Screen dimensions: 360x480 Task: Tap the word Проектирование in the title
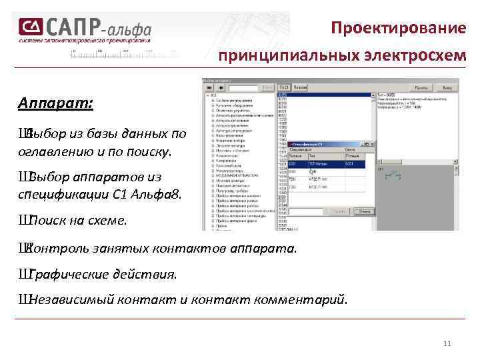[398, 29]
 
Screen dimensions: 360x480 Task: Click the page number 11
[447, 343]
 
